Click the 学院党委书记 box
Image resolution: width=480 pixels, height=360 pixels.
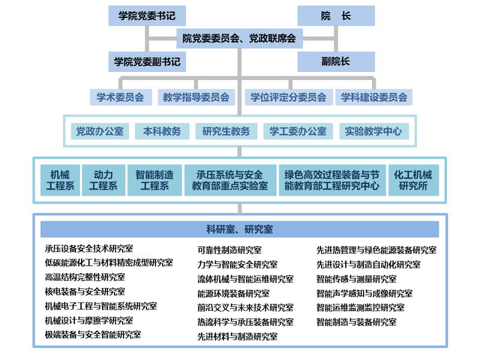tap(147, 16)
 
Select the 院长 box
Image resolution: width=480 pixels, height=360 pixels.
tap(336, 16)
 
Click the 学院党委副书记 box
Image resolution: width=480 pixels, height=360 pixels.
tap(147, 61)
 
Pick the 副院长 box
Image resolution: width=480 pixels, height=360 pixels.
tap(336, 61)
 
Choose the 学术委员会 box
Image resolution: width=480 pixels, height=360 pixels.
tap(121, 97)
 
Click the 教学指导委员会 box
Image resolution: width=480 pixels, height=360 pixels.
tap(196, 97)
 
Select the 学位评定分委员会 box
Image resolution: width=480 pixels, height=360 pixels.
tap(289, 97)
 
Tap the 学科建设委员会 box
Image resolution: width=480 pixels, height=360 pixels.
tap(374, 97)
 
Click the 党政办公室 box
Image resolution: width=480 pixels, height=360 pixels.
tap(100, 131)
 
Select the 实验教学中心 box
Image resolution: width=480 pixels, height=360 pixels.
tap(374, 131)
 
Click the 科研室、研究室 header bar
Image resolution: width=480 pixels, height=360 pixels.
tap(239, 229)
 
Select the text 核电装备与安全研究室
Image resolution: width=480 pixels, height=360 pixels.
tap(85, 292)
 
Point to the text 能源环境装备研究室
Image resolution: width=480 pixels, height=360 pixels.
tap(233, 293)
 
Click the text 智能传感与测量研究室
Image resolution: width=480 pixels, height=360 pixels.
tap(356, 279)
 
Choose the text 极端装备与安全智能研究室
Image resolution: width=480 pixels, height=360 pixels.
tap(93, 335)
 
